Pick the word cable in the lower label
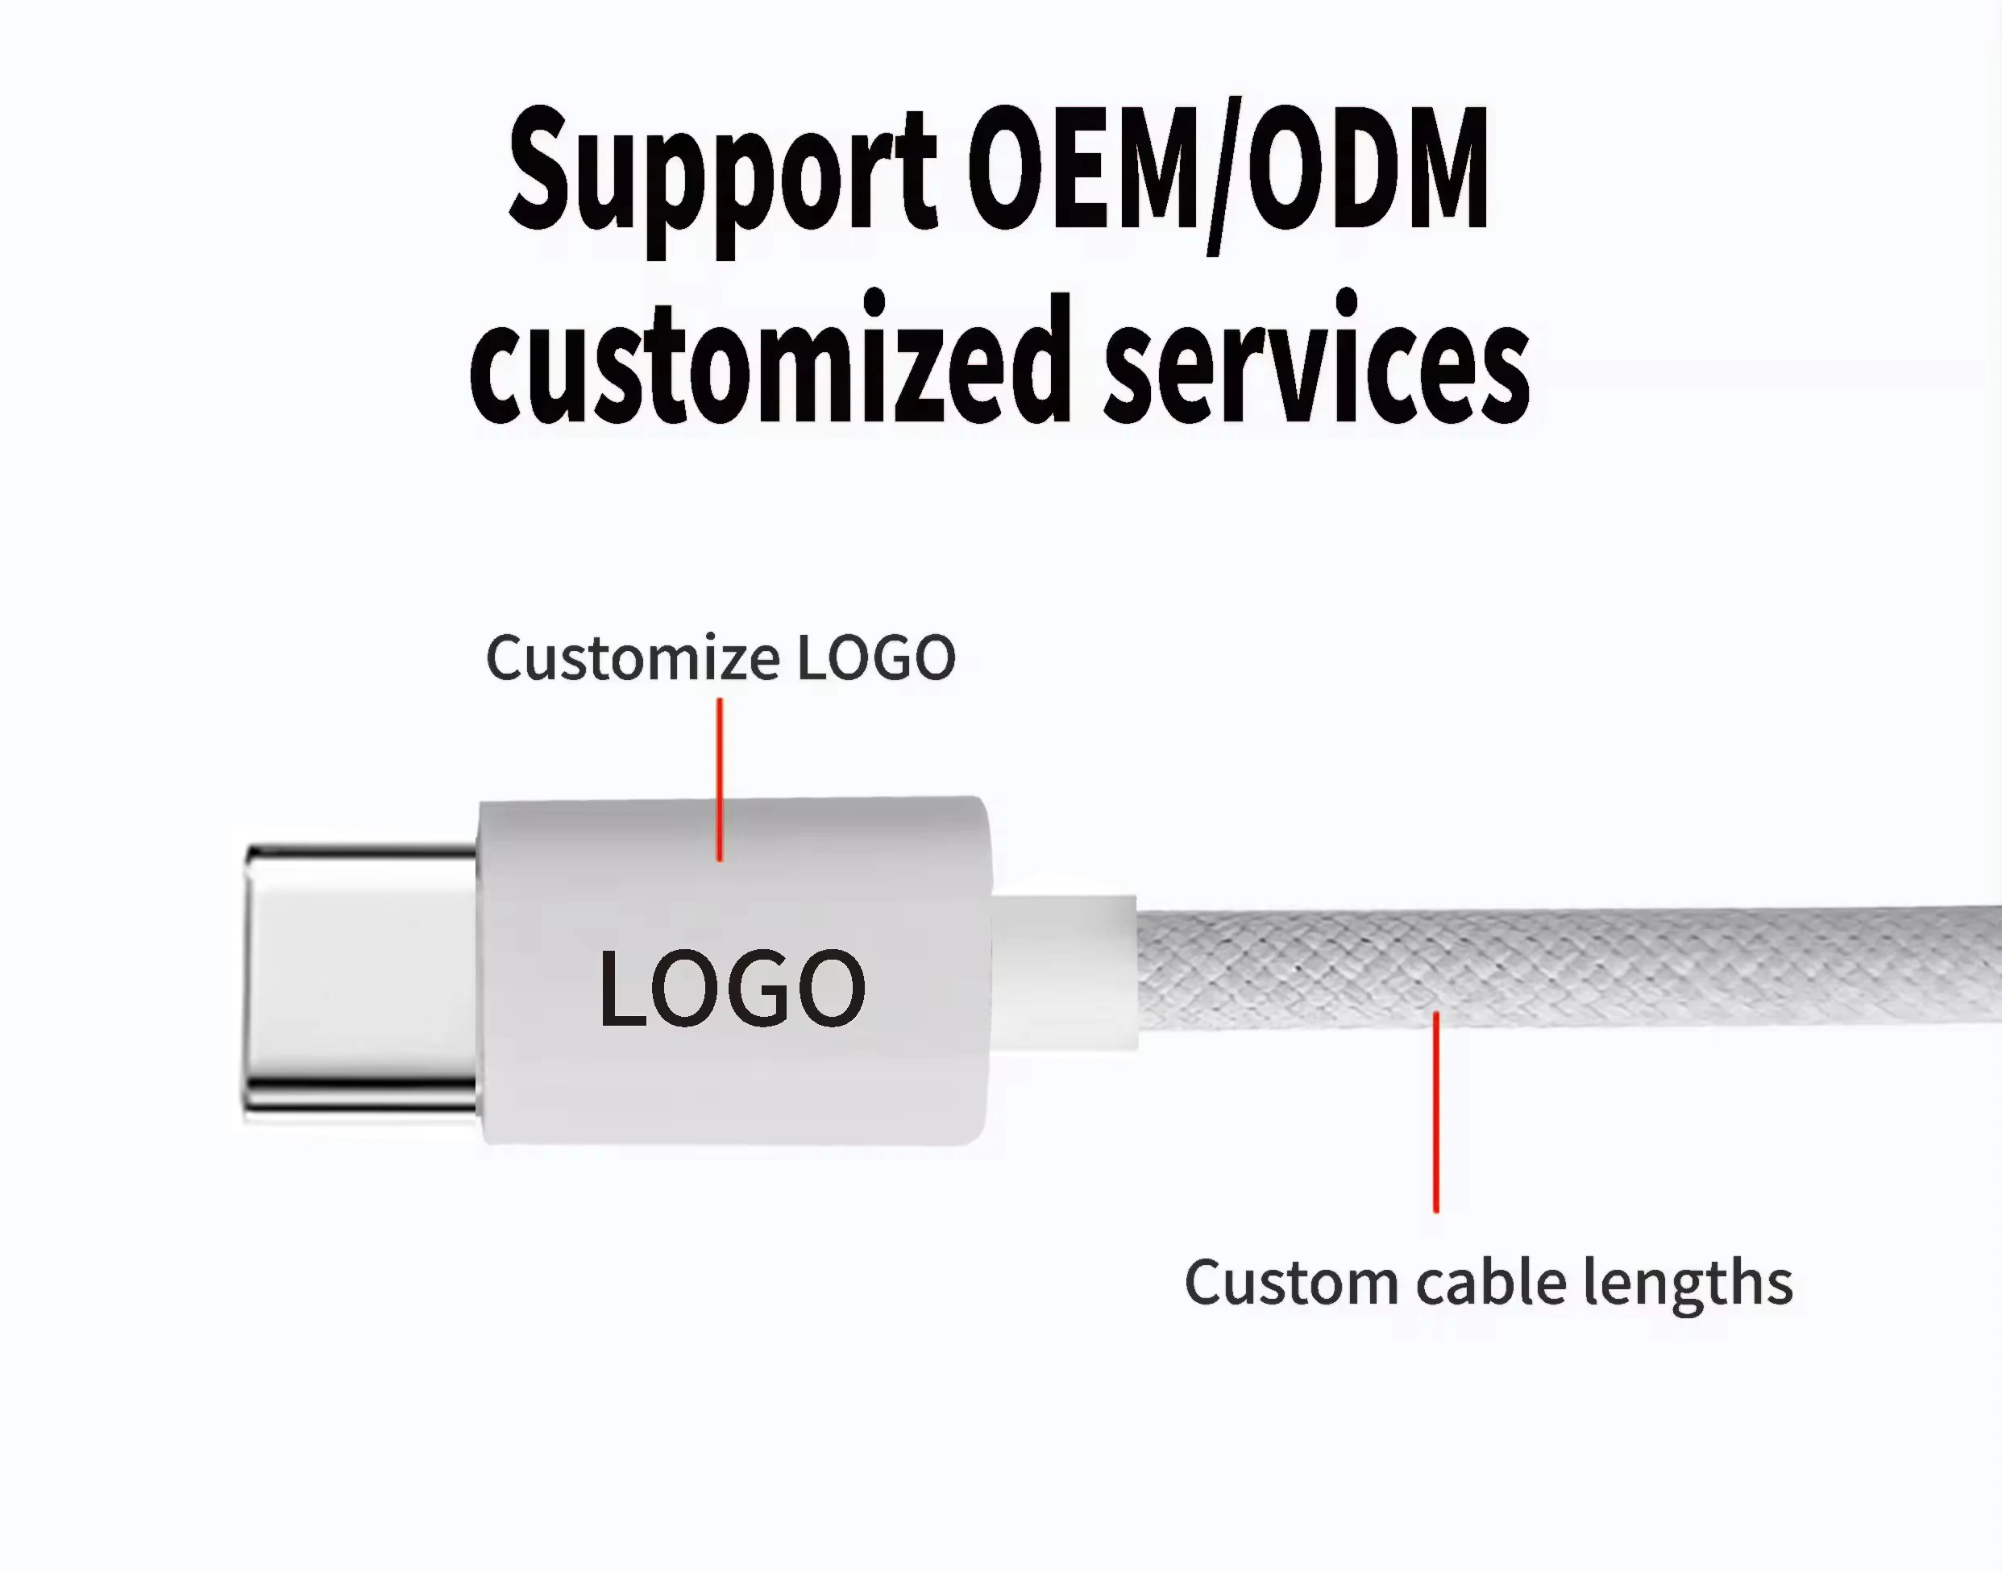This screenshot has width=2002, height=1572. pyautogui.click(x=1491, y=1282)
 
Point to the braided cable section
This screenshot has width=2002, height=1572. pyautogui.click(x=1565, y=966)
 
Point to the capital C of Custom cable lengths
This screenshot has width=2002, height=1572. pyautogui.click(x=1207, y=1282)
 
